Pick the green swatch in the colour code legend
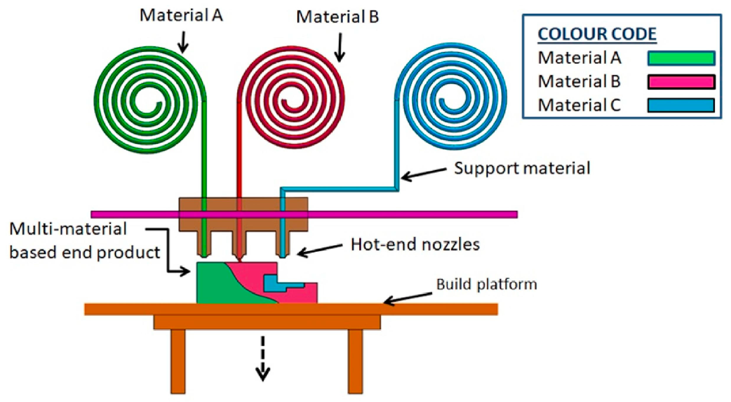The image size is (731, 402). (x=681, y=58)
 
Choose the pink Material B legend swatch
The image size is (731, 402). (x=681, y=82)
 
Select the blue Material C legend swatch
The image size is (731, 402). (x=681, y=105)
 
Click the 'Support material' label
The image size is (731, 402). (x=522, y=168)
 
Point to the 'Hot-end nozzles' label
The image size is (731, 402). (x=415, y=245)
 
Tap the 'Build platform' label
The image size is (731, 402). (x=487, y=284)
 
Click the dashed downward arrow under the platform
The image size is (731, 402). (x=263, y=358)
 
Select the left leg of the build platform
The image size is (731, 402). (x=178, y=361)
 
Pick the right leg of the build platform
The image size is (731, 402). (x=355, y=361)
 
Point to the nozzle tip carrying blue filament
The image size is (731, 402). (x=283, y=254)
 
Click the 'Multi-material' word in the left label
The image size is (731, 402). (x=68, y=229)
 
